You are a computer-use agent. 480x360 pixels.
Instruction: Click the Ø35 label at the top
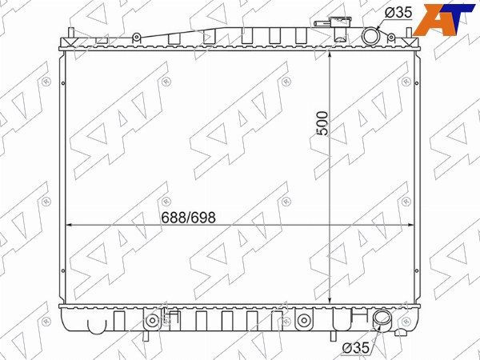[x=398, y=13]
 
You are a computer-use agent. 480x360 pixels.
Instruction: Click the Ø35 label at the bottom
[x=355, y=348]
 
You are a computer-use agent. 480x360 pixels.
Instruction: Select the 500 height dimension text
[x=322, y=123]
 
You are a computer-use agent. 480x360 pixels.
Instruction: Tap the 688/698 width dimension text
[x=188, y=218]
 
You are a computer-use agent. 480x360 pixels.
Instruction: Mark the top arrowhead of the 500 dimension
[x=330, y=54]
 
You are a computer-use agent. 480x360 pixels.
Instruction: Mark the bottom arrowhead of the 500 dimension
[x=330, y=300]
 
